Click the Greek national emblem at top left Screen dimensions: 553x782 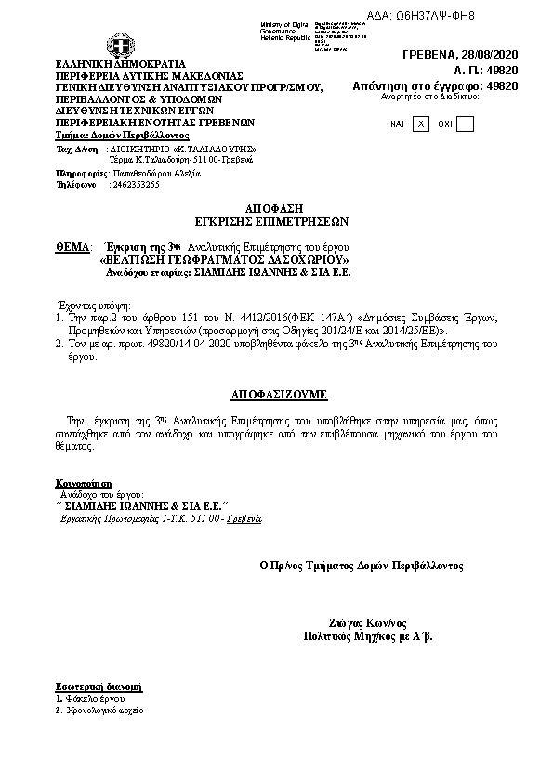118,44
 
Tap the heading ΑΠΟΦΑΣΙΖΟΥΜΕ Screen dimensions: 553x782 276,395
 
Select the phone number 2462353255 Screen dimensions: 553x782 135,185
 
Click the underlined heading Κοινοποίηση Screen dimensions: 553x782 84,484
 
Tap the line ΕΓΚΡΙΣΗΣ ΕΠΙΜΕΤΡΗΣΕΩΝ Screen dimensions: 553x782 276,223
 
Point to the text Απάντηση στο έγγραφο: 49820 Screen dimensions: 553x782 435,85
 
